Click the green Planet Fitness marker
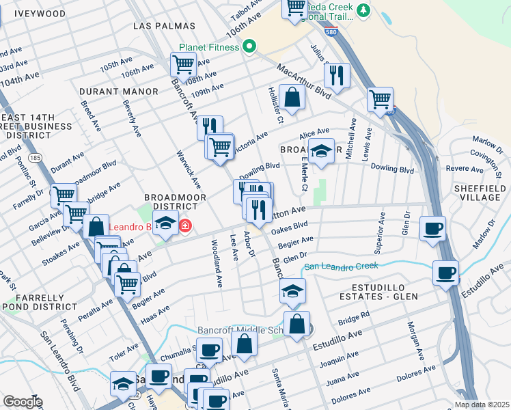click(250, 47)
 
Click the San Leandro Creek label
click(340, 266)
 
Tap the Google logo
click(22, 401)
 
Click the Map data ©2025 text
click(481, 405)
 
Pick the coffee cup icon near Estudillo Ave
click(445, 273)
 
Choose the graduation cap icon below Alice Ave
click(320, 151)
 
